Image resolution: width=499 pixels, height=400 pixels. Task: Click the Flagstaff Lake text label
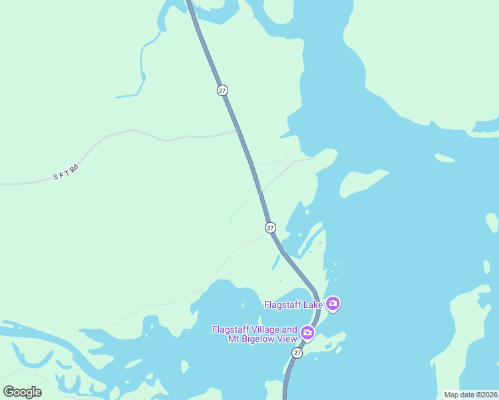click(x=294, y=305)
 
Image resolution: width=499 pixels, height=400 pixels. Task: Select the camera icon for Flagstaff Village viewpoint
click(x=308, y=332)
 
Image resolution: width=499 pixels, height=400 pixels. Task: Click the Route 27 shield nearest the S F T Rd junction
click(x=223, y=90)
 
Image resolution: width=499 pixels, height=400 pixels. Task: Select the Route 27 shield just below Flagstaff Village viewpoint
click(x=297, y=352)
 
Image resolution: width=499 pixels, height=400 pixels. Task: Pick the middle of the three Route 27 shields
click(x=270, y=227)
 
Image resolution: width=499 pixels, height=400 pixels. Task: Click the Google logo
click(x=23, y=391)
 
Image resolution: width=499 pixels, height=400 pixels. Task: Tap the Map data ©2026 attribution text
click(x=470, y=395)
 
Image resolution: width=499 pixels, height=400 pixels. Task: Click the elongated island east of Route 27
click(x=364, y=183)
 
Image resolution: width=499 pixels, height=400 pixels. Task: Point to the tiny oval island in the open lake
click(x=444, y=158)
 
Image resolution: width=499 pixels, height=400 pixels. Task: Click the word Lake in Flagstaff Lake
click(x=312, y=305)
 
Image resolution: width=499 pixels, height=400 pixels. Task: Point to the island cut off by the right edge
click(x=492, y=222)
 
